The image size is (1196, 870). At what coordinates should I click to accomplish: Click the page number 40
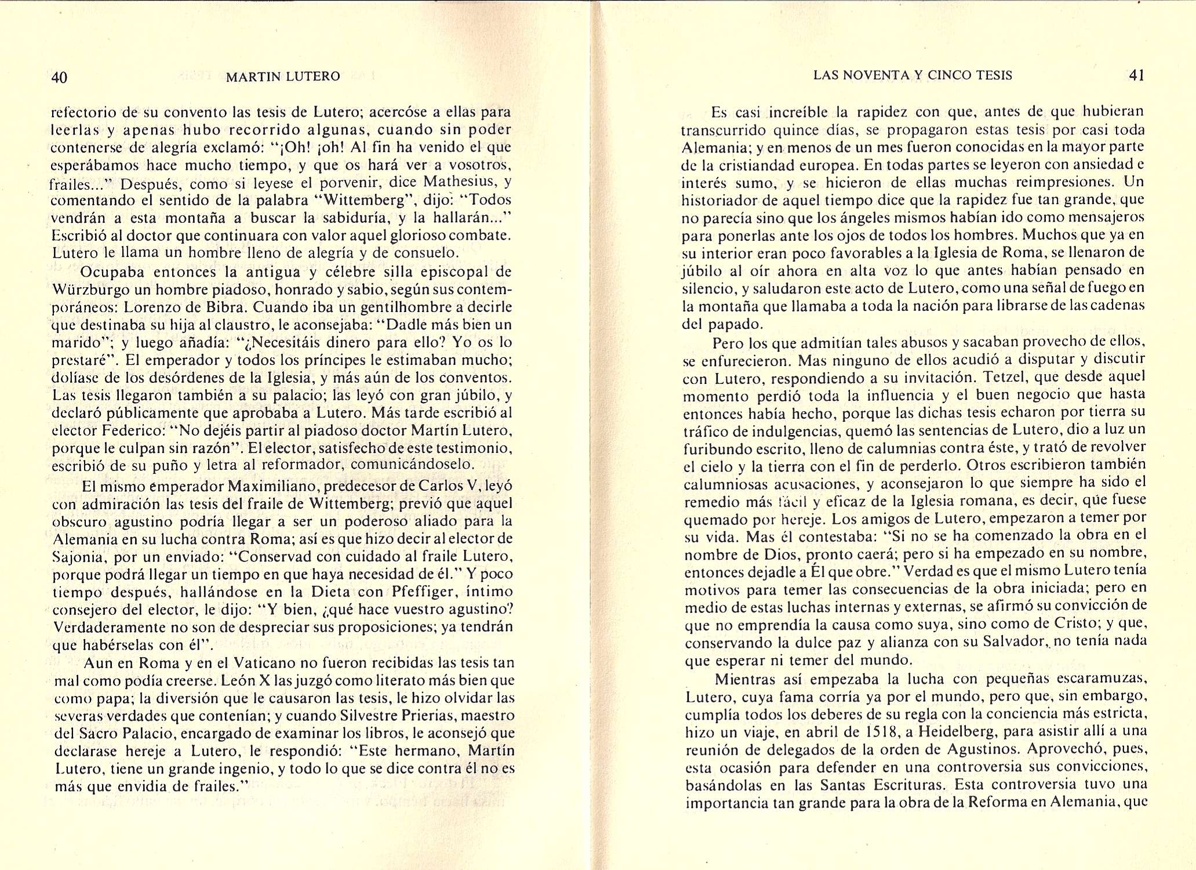pyautogui.click(x=60, y=77)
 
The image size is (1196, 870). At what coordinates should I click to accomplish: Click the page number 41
pyautogui.click(x=1136, y=75)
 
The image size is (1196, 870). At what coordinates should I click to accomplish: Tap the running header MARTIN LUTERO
pyautogui.click(x=283, y=77)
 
